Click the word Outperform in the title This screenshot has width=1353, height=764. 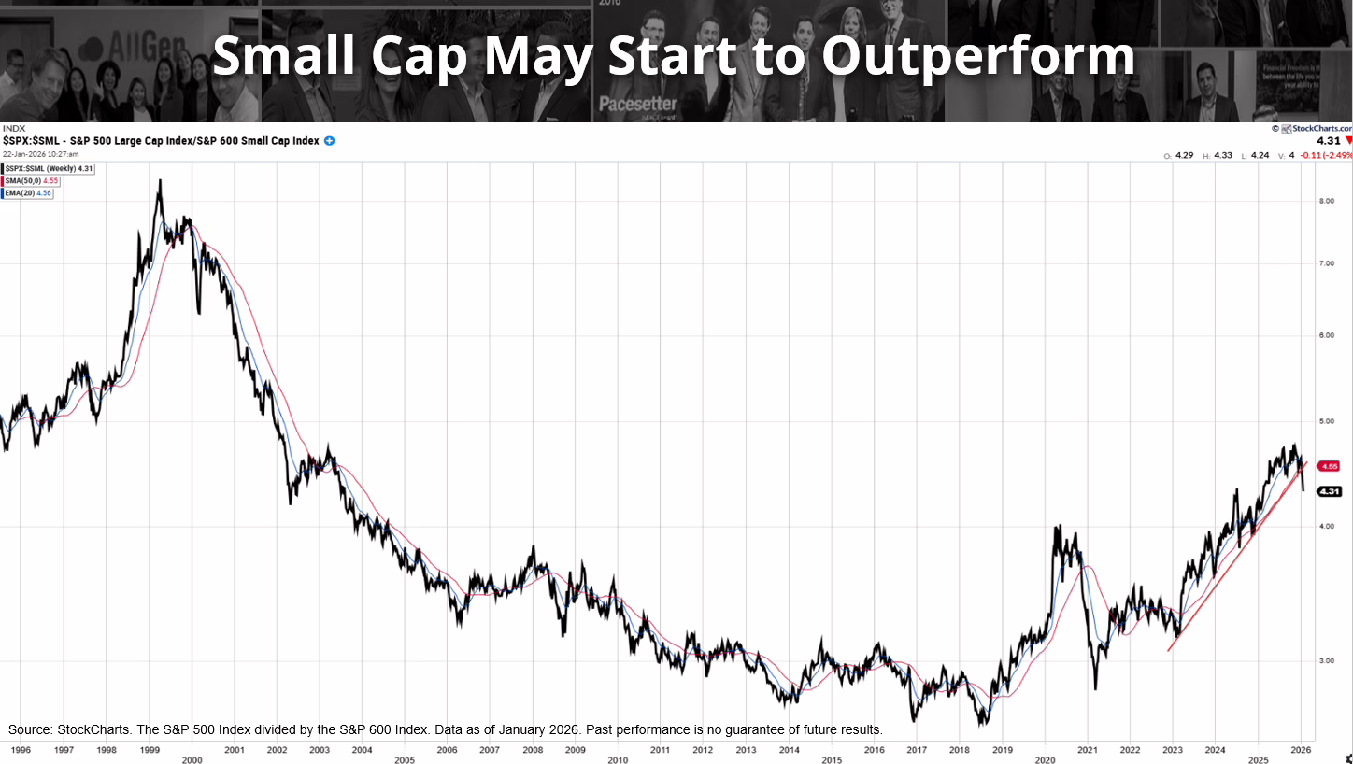[x=977, y=56]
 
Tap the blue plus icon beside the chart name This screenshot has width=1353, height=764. [x=329, y=141]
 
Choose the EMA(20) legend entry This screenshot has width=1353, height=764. [x=28, y=193]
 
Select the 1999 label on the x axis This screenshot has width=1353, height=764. [x=149, y=749]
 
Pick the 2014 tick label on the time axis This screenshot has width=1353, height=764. [x=790, y=749]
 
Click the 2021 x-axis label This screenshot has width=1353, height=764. [x=1088, y=749]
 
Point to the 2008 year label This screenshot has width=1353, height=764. [x=533, y=749]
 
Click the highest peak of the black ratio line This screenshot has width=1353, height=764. [x=160, y=180]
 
